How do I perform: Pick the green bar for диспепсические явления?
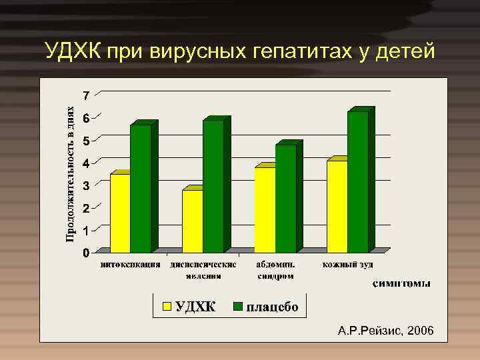point(213,186)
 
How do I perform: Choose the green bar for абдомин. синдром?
point(285,198)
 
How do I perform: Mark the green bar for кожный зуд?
point(358,181)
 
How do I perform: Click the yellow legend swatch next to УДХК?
point(165,307)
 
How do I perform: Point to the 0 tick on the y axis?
point(85,253)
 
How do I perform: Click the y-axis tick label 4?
point(85,163)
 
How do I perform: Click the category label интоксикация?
point(131,265)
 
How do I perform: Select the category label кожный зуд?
point(347,265)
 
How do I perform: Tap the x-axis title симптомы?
point(401,283)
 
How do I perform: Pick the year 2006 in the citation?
point(419,331)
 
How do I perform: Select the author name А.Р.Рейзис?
point(371,331)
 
